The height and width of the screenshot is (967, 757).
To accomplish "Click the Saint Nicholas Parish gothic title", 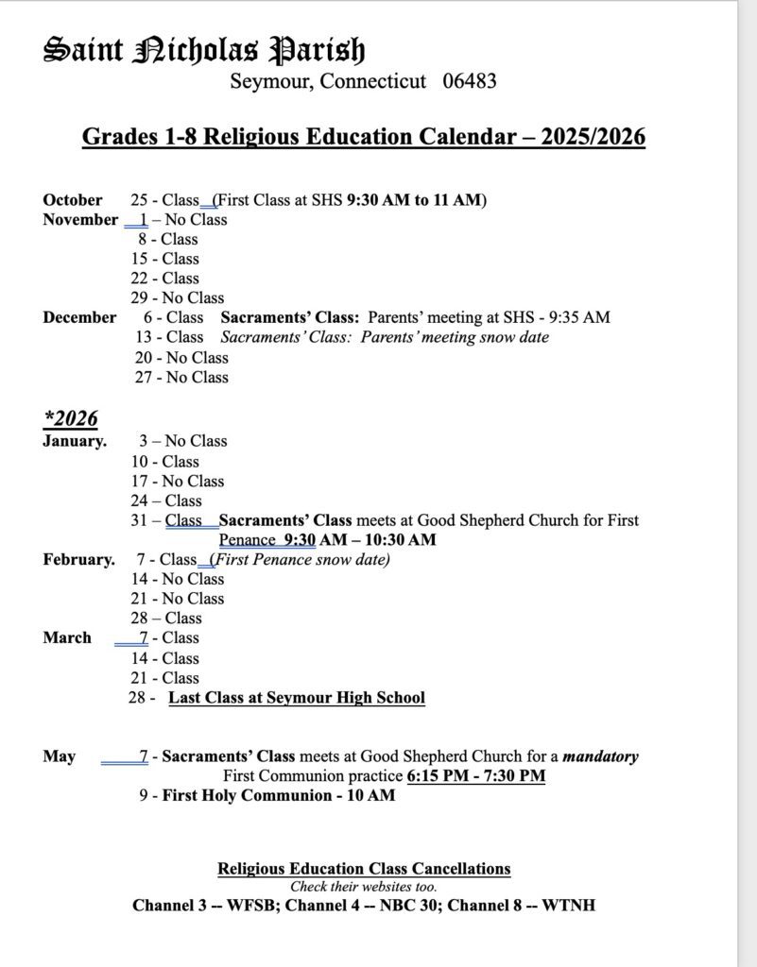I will click(x=204, y=49).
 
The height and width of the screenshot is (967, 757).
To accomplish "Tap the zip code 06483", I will click(x=469, y=81).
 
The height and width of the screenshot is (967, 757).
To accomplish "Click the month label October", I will click(x=73, y=200).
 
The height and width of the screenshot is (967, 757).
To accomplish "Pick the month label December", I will click(x=79, y=317).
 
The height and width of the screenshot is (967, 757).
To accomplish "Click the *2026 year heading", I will click(x=70, y=418).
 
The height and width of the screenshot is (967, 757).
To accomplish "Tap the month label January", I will click(x=75, y=441).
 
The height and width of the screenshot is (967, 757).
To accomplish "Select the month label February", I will click(x=78, y=559).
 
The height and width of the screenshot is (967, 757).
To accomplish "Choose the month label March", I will click(x=67, y=637).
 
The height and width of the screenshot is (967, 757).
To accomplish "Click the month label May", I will click(x=59, y=756).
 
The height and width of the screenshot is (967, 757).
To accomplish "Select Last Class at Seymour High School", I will click(x=297, y=698).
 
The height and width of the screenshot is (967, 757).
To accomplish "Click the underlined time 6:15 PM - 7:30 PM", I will click(x=476, y=776).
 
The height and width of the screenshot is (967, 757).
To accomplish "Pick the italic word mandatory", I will click(x=600, y=756).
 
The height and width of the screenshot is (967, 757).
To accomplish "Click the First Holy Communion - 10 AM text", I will click(x=279, y=795).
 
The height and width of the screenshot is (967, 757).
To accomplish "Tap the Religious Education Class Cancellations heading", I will click(x=364, y=869).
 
